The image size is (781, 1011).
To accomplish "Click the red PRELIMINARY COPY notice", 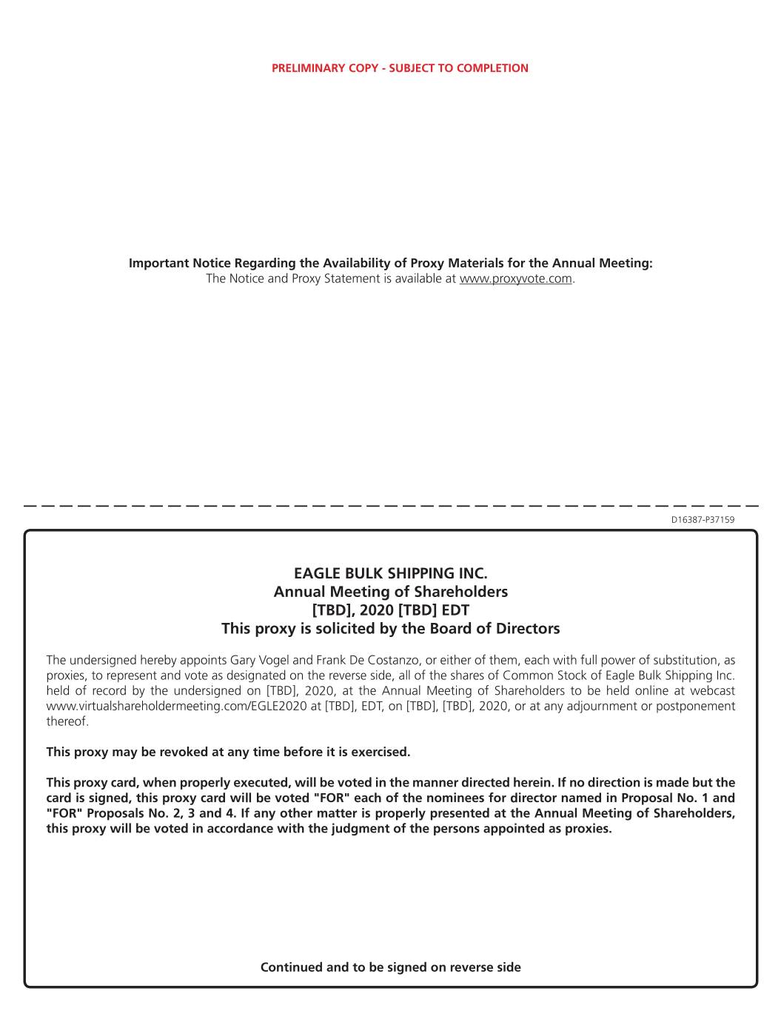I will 400,68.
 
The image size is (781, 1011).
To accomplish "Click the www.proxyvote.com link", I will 515,278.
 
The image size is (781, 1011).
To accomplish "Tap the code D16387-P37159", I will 703,520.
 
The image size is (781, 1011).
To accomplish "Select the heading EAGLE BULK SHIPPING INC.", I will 391,573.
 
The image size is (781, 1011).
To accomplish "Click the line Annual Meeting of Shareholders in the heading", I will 391,592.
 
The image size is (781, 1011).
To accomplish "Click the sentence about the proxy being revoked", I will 228,752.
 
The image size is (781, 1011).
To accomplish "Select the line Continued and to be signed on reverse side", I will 391,967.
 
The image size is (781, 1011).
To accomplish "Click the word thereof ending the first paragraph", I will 67,721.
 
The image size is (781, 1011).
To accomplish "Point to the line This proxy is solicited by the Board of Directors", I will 391,629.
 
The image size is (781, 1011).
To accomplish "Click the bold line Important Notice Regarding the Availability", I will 391,263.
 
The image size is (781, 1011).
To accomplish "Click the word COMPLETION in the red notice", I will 492,68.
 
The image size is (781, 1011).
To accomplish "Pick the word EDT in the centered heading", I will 455,610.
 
